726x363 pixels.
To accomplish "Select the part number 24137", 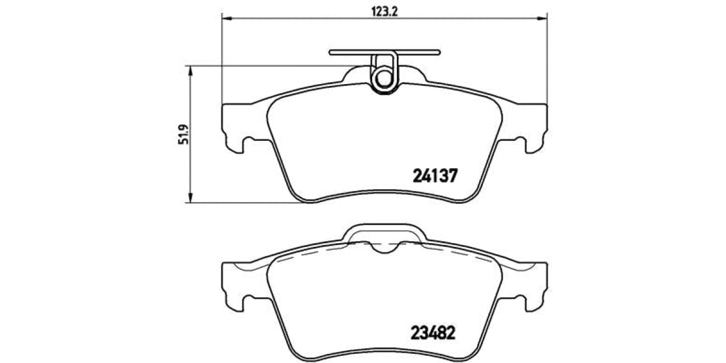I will coord(436,176).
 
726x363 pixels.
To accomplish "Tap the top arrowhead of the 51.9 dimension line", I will coord(191,70).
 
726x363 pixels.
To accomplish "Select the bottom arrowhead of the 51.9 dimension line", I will coord(191,198).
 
